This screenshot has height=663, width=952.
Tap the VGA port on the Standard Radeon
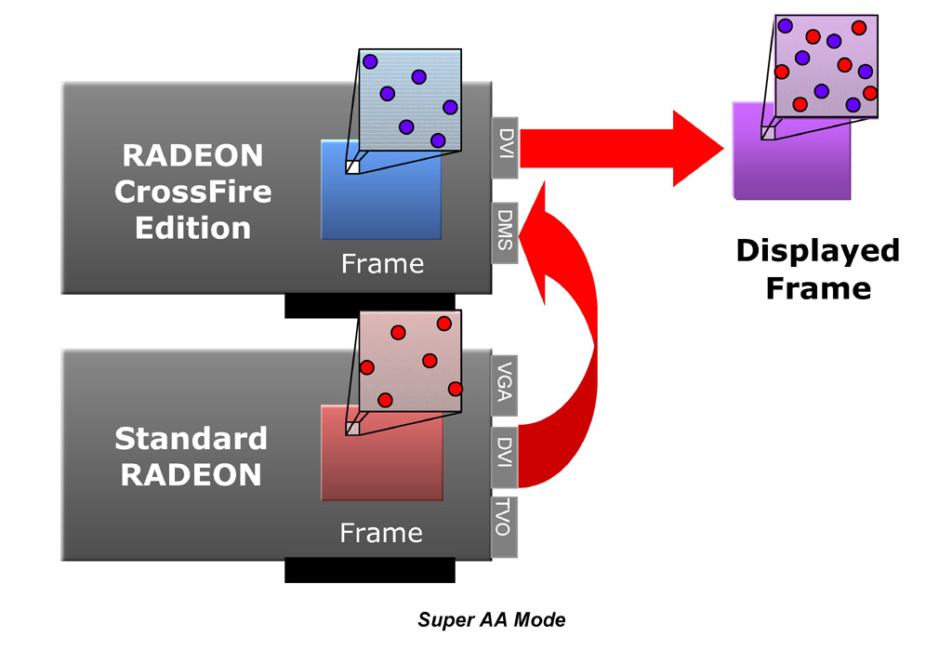click(503, 385)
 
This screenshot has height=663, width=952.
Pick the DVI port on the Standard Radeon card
click(503, 457)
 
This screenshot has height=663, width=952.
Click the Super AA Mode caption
click(491, 619)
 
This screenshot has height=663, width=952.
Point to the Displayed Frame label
click(818, 269)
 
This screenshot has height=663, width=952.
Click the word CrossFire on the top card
click(193, 192)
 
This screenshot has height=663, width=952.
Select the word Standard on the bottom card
click(191, 438)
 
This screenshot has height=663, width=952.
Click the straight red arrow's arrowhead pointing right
click(697, 148)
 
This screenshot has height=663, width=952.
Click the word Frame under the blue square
click(382, 264)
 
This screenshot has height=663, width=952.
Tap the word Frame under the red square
click(381, 533)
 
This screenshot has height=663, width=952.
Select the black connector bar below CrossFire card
click(369, 305)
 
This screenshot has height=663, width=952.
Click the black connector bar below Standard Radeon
click(369, 569)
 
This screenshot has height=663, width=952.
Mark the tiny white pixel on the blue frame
click(352, 167)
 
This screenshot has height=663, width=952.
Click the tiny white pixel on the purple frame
click(768, 133)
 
